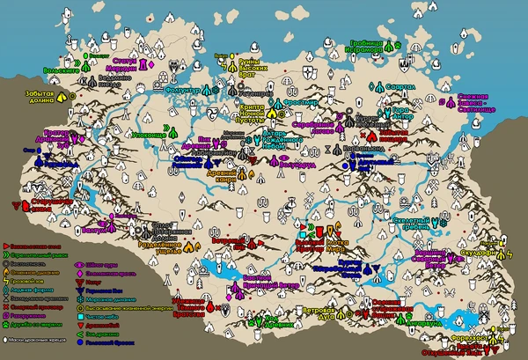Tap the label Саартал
coord(401,86)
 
